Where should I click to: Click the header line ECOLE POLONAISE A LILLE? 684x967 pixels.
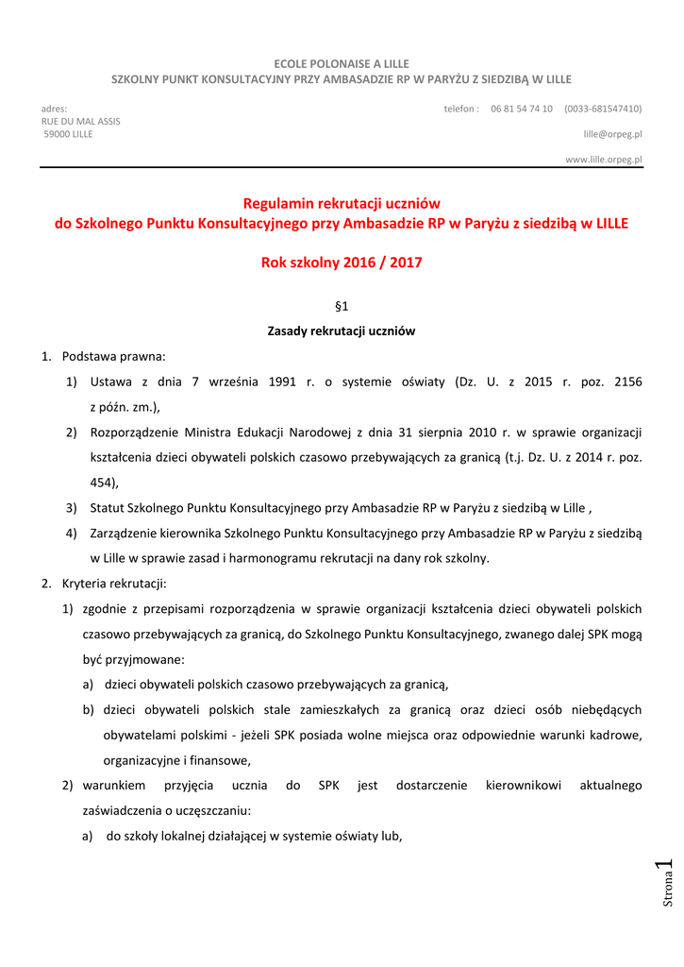click(x=342, y=62)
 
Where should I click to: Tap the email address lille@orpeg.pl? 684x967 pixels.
click(x=612, y=134)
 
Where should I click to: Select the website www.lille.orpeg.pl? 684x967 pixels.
click(x=603, y=160)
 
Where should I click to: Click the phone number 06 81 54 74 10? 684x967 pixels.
click(x=522, y=109)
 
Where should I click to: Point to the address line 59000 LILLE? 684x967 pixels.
click(x=69, y=134)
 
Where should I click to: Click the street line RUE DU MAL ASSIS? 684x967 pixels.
click(x=80, y=121)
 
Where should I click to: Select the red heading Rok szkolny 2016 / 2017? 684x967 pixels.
click(x=342, y=263)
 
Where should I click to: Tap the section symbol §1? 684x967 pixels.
click(x=342, y=306)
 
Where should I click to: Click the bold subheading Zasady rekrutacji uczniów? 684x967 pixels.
click(x=342, y=331)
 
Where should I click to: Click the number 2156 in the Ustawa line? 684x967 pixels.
click(x=627, y=382)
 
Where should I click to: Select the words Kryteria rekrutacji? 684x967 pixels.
click(x=113, y=584)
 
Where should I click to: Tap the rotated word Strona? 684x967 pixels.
click(x=668, y=890)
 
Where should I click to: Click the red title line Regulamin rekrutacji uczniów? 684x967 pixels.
click(x=342, y=203)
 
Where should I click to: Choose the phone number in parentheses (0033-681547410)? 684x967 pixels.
click(x=603, y=109)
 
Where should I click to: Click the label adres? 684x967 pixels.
click(x=54, y=109)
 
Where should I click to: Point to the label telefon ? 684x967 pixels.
click(x=461, y=109)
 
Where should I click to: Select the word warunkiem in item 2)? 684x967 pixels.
click(x=114, y=786)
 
